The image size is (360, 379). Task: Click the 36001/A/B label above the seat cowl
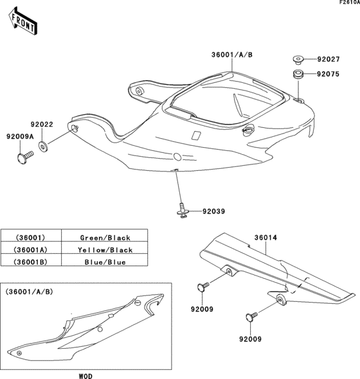[232, 55]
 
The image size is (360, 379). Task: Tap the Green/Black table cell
[105, 237]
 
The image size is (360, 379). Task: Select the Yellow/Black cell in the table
[105, 250]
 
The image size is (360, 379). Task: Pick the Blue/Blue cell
[105, 262]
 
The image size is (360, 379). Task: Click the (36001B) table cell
[31, 262]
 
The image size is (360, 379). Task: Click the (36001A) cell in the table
[31, 250]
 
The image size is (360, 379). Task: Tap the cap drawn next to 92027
[298, 60]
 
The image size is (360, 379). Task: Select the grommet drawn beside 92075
[298, 75]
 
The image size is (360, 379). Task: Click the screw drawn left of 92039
[184, 210]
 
